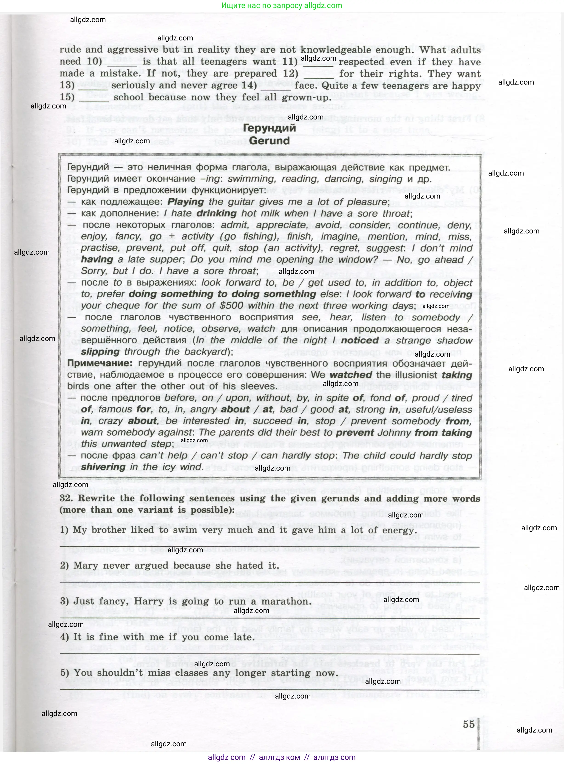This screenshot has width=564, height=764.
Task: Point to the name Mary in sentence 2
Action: coord(86,565)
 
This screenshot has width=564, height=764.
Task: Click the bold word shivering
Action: coord(103,467)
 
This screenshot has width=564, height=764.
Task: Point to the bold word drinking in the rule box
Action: coord(216,213)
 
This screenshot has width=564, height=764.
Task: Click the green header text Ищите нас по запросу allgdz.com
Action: coord(282,6)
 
